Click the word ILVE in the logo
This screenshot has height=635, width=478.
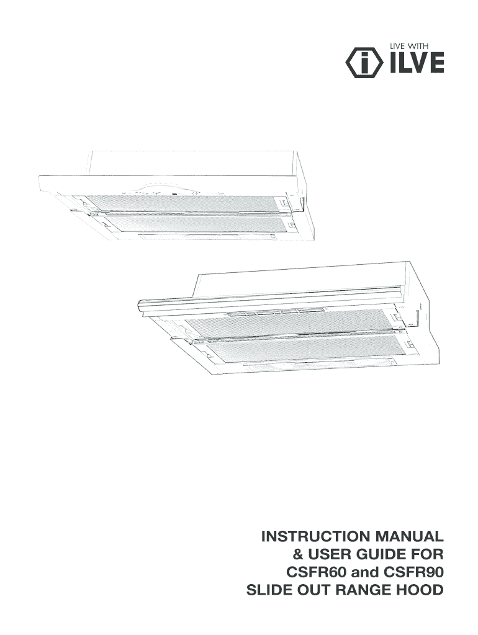coord(417,63)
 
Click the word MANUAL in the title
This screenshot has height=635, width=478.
coord(413,536)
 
